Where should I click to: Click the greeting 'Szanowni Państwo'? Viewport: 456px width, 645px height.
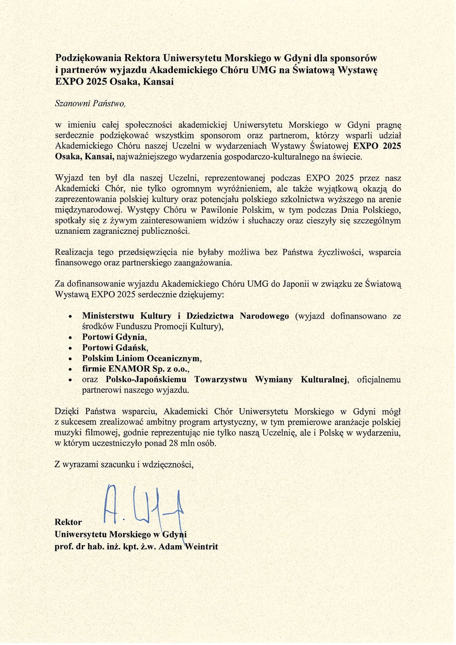(90, 103)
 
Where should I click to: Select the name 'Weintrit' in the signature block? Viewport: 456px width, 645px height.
(201, 547)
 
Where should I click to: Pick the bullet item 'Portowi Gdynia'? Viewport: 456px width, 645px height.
(114, 337)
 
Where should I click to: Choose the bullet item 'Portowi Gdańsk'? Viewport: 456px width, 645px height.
(115, 348)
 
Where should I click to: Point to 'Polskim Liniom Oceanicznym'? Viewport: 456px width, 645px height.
(141, 358)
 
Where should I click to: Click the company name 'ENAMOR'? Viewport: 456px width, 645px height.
(129, 369)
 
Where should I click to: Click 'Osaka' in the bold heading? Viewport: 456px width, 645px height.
(124, 82)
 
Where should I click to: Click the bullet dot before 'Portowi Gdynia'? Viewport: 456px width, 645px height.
(70, 338)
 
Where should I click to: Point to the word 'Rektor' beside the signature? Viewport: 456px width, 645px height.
(68, 522)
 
